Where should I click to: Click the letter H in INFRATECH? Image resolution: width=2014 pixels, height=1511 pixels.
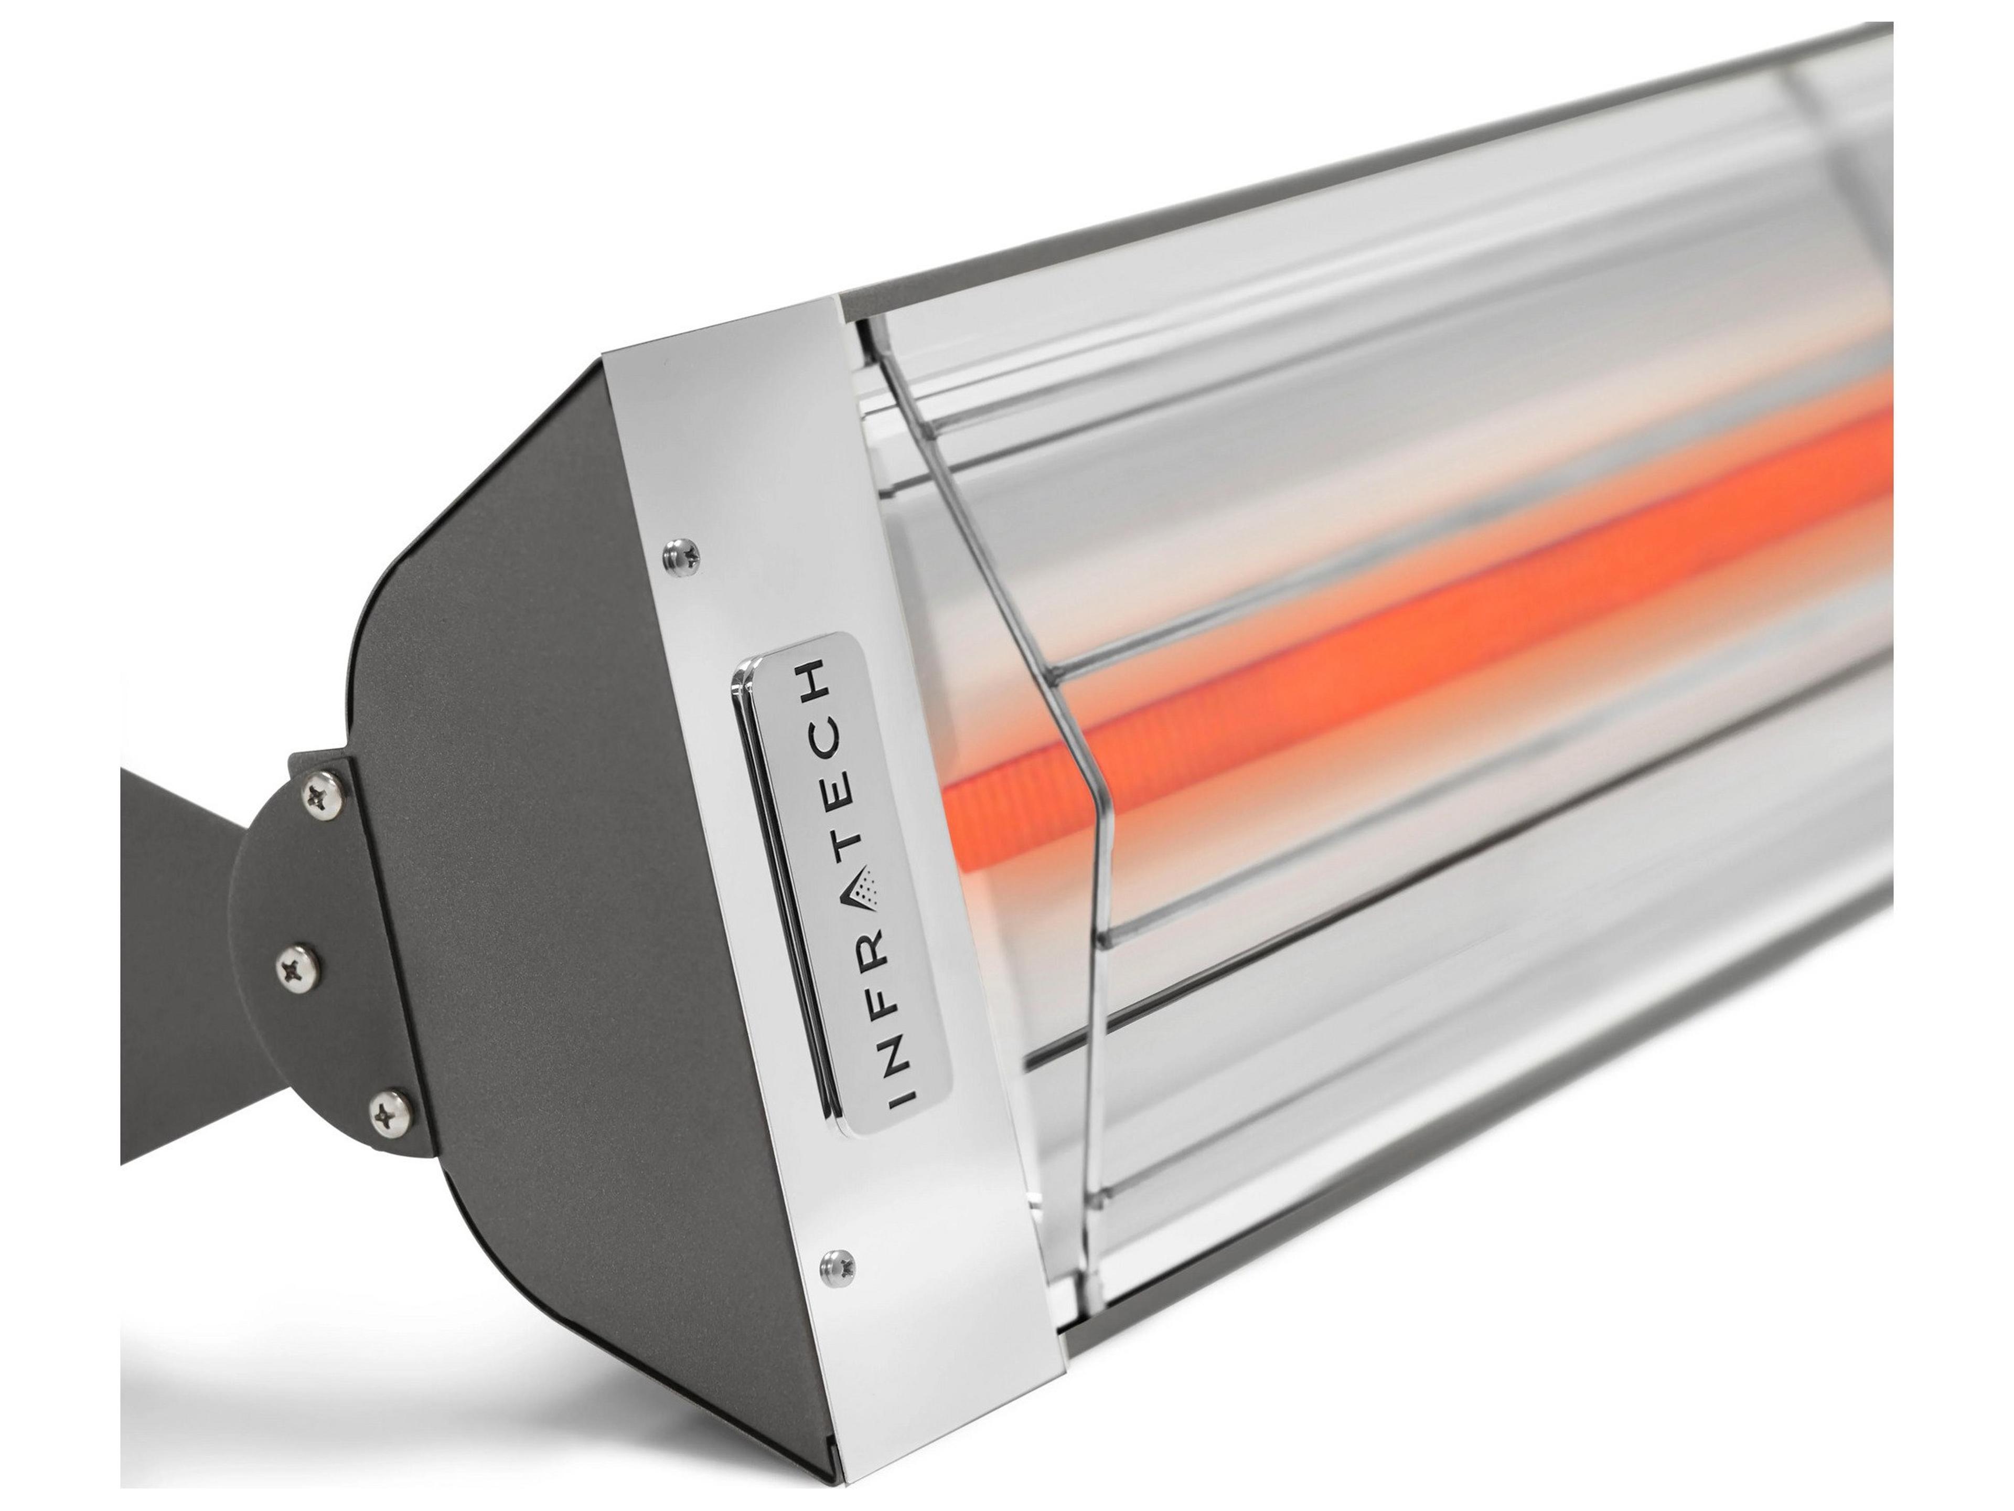tap(814, 678)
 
